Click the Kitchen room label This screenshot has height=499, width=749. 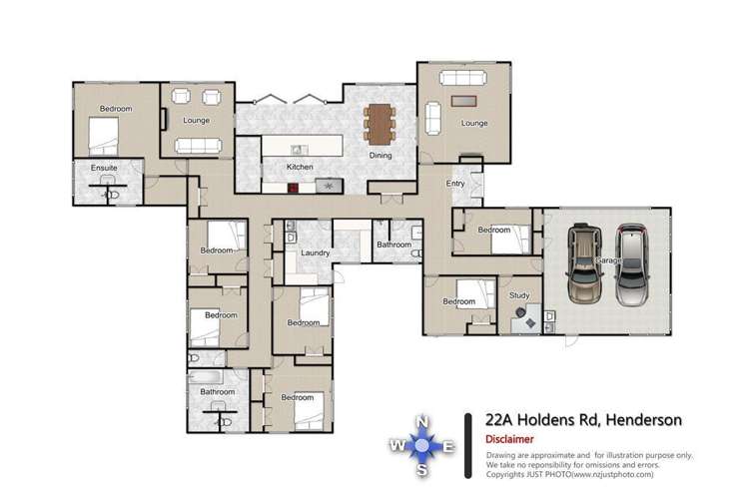pos(300,167)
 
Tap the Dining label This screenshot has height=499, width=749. pos(380,157)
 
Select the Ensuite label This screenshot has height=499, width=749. pos(104,168)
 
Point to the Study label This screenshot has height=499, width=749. pos(518,294)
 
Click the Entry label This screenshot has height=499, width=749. pos(455,183)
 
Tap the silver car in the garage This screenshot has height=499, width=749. pos(632,264)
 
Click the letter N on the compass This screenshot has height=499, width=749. pos(422,420)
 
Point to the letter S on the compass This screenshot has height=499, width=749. pos(422,470)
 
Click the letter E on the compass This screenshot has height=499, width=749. pos(448,446)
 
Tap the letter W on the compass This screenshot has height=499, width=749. pos(396,446)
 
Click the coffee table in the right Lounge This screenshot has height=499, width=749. pos(466,101)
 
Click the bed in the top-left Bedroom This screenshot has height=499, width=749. pos(105,132)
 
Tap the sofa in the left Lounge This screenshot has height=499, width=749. pos(197,146)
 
